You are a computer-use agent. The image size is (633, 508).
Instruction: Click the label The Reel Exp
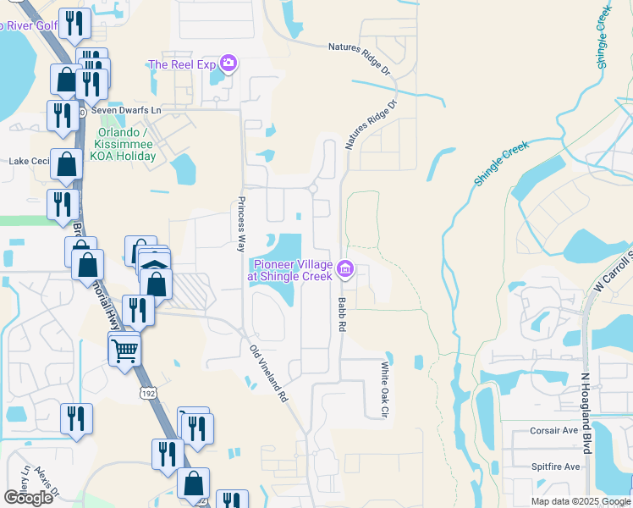(181, 64)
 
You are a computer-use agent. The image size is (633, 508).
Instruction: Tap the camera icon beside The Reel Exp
(227, 63)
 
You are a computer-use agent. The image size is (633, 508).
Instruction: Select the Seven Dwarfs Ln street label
(126, 112)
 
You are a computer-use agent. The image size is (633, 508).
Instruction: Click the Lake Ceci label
(30, 161)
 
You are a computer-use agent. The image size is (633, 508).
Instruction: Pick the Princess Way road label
(241, 224)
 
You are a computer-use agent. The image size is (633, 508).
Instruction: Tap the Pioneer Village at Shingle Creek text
(288, 270)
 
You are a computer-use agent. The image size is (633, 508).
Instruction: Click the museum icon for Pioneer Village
(345, 270)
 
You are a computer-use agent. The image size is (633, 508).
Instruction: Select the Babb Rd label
(343, 313)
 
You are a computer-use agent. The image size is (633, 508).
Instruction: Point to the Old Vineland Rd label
(269, 373)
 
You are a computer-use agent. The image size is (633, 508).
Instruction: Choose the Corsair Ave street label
(554, 430)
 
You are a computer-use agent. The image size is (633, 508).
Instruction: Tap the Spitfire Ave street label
(554, 467)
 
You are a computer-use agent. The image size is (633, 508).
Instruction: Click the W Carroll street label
(614, 271)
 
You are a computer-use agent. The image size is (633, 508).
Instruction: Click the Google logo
(28, 498)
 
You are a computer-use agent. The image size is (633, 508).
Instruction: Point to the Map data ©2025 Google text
(580, 501)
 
